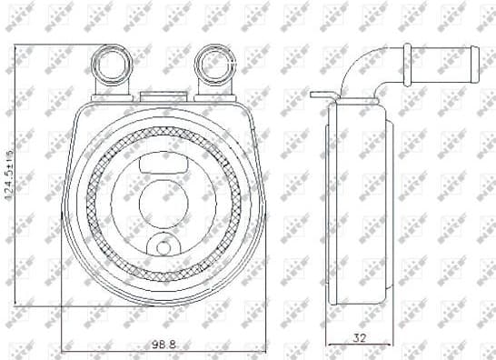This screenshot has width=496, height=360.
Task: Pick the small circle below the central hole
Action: click(x=163, y=246)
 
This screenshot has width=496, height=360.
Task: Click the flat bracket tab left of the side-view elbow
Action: click(x=321, y=94)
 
